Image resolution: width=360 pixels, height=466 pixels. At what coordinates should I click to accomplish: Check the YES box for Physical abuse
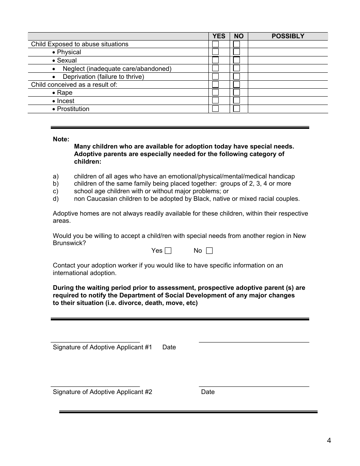click(x=215, y=52)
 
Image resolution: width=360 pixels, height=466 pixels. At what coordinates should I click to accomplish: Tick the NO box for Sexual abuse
click(x=236, y=60)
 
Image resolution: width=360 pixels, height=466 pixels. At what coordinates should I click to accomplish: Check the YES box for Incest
click(x=215, y=100)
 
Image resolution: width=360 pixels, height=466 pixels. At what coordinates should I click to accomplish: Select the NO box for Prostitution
click(x=236, y=109)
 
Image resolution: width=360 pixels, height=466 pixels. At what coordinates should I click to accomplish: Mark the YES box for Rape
click(x=215, y=92)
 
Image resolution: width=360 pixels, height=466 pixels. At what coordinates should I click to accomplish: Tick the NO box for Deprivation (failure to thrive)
click(x=236, y=76)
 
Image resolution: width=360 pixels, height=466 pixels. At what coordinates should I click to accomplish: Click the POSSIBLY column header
click(x=288, y=36)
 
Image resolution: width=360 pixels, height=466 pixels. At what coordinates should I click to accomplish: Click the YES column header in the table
click(x=219, y=36)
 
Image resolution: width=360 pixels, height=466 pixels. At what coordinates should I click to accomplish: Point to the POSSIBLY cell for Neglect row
click(x=288, y=69)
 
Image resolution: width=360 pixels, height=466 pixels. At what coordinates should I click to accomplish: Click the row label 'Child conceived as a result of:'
click(x=74, y=84)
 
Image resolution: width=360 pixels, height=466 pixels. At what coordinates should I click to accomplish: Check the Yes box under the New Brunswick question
click(x=168, y=250)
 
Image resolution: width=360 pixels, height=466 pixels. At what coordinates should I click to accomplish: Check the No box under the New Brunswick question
click(x=210, y=250)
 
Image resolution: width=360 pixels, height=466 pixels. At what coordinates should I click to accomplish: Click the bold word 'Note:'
click(x=61, y=139)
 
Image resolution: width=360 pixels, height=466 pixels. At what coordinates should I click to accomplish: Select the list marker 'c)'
click(x=56, y=191)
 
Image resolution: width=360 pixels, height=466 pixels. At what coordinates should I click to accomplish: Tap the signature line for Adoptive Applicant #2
click(x=95, y=386)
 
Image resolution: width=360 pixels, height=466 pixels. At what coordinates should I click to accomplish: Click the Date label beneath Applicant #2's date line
click(x=208, y=392)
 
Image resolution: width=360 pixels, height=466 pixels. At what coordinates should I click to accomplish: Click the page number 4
click(x=329, y=440)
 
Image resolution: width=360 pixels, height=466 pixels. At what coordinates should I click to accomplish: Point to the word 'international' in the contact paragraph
click(x=70, y=273)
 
